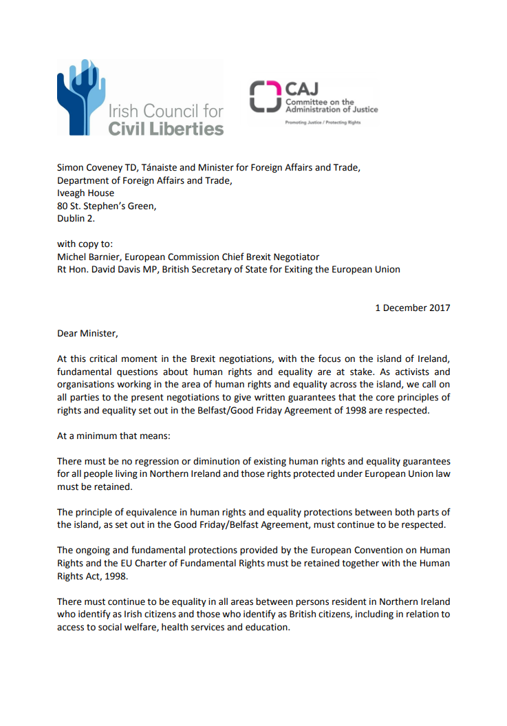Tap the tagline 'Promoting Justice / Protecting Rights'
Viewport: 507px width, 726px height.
point(323,122)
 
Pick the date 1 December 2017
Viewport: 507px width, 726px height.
point(412,308)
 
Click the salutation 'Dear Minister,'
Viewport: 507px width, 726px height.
point(87,334)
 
